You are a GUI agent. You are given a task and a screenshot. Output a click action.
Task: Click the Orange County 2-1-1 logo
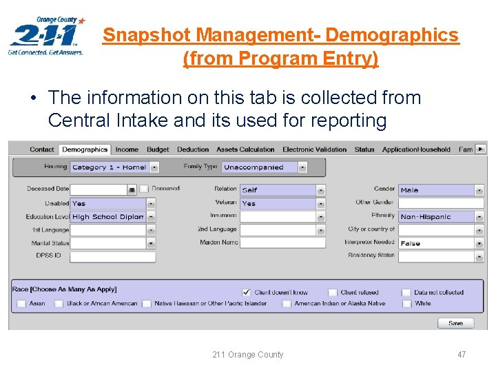pyautogui.click(x=46, y=36)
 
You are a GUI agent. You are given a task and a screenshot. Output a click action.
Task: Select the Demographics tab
pyautogui.click(x=84, y=149)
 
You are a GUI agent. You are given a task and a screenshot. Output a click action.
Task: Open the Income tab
pyautogui.click(x=127, y=149)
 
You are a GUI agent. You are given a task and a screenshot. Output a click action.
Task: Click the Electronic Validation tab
pyautogui.click(x=314, y=149)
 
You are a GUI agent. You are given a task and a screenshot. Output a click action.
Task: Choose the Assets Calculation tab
pyautogui.click(x=245, y=149)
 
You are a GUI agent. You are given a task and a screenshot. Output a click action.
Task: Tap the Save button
pyautogui.click(x=455, y=323)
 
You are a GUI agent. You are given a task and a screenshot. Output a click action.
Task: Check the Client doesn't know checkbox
pyautogui.click(x=247, y=293)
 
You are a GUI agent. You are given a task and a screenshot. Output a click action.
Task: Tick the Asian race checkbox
pyautogui.click(x=21, y=304)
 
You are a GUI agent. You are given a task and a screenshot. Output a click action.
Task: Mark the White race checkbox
pyautogui.click(x=406, y=304)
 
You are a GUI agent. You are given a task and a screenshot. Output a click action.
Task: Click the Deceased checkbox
pyautogui.click(x=144, y=189)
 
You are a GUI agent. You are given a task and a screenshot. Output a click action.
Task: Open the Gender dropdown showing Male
pyautogui.click(x=440, y=190)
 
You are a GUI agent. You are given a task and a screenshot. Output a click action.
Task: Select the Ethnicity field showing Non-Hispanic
pyautogui.click(x=440, y=216)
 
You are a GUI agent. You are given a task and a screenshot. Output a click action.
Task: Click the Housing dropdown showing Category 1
pyautogui.click(x=114, y=167)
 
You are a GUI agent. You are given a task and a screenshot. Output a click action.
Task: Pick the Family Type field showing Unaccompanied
pyautogui.click(x=264, y=167)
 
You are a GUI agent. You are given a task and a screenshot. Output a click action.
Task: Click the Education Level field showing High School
pyautogui.click(x=112, y=217)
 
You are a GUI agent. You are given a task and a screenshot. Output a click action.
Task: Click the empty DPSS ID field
pyautogui.click(x=112, y=257)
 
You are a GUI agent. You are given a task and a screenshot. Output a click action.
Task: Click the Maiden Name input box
pyautogui.click(x=282, y=243)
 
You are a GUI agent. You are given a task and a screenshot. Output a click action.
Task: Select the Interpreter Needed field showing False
pyautogui.click(x=440, y=243)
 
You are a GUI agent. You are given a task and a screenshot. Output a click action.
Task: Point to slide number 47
pyautogui.click(x=461, y=355)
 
